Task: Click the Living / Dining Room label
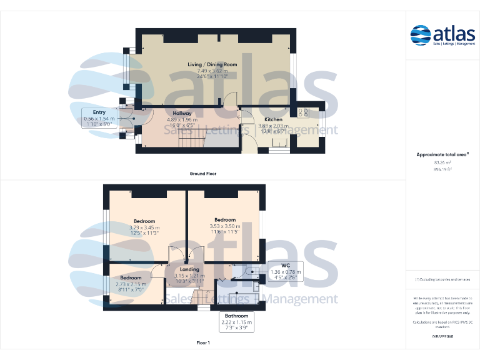tap(213, 64)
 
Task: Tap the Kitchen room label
tap(273, 119)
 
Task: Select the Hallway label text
tap(182, 113)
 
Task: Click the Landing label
tap(189, 269)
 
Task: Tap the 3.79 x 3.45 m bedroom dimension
tap(144, 227)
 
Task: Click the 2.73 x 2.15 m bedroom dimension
tap(131, 284)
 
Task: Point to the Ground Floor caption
tap(202, 174)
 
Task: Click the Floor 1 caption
tap(203, 343)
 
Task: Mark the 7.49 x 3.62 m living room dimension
tap(213, 71)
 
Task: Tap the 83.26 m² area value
tap(442, 162)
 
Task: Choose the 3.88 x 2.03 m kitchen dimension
tap(273, 126)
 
